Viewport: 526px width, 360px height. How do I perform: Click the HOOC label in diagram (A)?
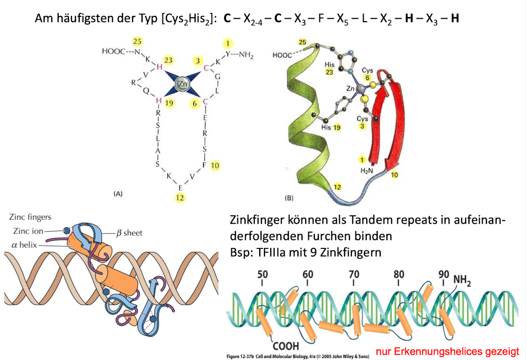tap(113, 51)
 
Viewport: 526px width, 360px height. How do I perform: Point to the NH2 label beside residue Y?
tap(245, 55)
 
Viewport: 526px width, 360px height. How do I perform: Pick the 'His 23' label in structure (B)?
tap(329, 68)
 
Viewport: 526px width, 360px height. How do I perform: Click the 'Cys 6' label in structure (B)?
tap(368, 74)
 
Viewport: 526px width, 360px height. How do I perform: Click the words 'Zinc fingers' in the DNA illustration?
tap(29, 217)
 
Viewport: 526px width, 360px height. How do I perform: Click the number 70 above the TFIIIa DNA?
tap(354, 274)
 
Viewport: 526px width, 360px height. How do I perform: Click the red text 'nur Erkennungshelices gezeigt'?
tap(448, 352)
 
